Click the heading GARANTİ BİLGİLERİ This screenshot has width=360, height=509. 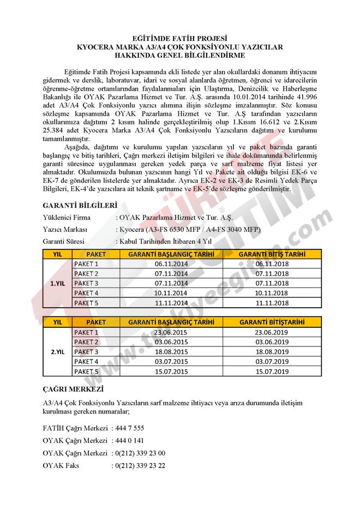(80, 206)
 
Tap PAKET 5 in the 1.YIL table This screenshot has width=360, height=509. (86, 303)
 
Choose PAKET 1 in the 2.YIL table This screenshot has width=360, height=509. (86, 332)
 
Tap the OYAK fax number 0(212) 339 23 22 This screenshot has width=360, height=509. (140, 466)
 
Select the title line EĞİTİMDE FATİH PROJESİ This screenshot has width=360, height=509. (179, 39)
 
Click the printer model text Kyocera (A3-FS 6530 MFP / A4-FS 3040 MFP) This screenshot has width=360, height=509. (189, 229)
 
